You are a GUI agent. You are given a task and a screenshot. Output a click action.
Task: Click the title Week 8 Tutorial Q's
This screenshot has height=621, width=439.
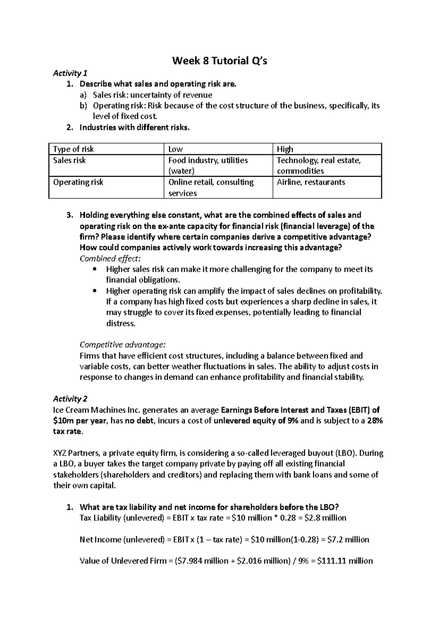pyautogui.click(x=219, y=61)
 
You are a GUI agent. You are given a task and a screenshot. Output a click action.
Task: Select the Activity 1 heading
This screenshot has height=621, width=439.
pyautogui.click(x=67, y=73)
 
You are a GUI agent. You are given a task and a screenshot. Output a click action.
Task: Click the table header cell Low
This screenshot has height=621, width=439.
pyautogui.click(x=176, y=149)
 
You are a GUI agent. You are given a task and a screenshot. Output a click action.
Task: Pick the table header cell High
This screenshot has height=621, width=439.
pyautogui.click(x=285, y=149)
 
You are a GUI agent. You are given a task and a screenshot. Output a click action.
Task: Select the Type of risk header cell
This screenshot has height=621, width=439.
pyautogui.click(x=73, y=149)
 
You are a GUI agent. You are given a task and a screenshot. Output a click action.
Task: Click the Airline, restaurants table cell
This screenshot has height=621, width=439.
pyautogui.click(x=311, y=182)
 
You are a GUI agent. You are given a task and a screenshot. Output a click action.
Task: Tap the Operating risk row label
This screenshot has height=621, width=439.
pyautogui.click(x=78, y=182)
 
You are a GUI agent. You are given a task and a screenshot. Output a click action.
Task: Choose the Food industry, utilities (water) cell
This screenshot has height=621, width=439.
pyautogui.click(x=208, y=165)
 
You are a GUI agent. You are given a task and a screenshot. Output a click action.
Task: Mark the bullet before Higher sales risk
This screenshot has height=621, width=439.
pyautogui.click(x=95, y=270)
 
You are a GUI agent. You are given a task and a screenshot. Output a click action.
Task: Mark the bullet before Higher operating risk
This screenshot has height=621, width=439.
pyautogui.click(x=95, y=291)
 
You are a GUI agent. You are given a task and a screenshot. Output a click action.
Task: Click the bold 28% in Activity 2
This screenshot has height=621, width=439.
pyautogui.click(x=375, y=421)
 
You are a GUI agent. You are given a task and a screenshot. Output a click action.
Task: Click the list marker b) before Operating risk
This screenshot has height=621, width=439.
pyautogui.click(x=84, y=106)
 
